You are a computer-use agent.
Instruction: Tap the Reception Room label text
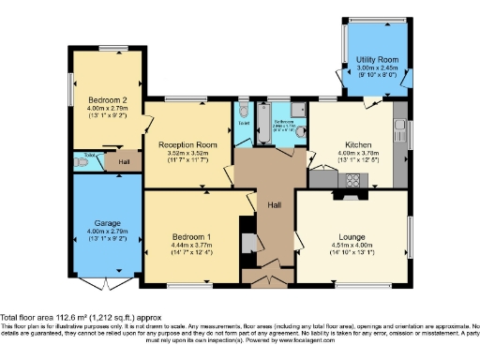point(187,145)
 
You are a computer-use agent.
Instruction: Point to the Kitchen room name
point(359,145)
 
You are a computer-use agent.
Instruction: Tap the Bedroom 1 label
point(191,236)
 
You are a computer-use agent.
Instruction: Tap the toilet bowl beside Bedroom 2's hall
point(82,162)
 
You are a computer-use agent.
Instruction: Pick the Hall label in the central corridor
point(274,204)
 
